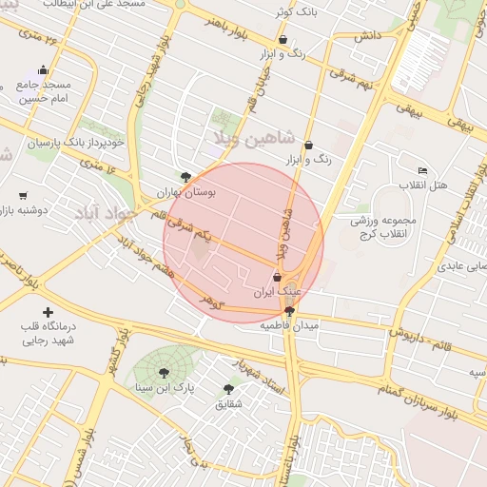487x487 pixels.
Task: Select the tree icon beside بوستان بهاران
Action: point(185,177)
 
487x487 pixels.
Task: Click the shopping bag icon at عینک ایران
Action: point(277,278)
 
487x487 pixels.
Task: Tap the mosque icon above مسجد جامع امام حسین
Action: point(43,70)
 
